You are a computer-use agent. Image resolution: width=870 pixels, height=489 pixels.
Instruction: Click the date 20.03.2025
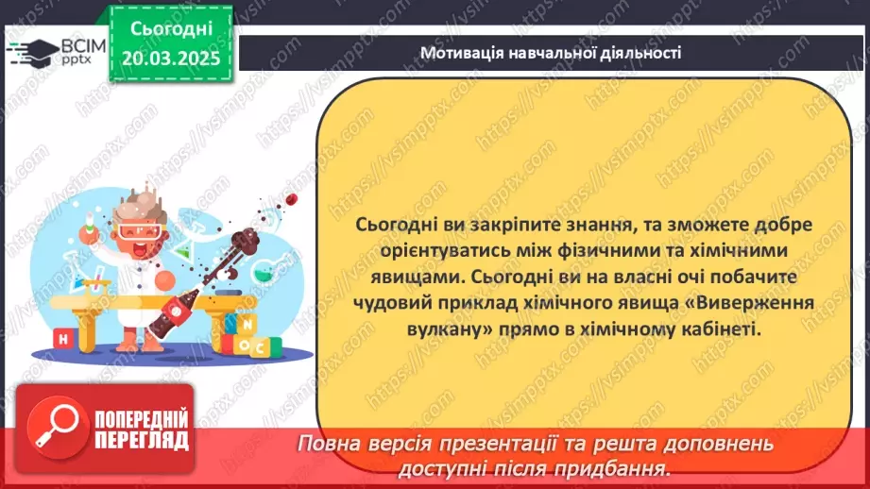point(171,58)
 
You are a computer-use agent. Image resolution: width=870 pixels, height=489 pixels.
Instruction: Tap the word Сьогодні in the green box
point(171,28)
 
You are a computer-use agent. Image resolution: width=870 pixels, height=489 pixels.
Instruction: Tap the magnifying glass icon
point(58,428)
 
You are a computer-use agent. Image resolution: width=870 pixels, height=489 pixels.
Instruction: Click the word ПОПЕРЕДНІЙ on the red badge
point(142,418)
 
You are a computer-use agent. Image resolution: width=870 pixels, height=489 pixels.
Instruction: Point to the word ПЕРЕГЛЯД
point(142,441)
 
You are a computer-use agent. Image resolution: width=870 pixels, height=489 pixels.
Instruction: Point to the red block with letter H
point(63,339)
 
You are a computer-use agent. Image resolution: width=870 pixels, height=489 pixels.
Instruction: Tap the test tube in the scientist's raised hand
point(88,221)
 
